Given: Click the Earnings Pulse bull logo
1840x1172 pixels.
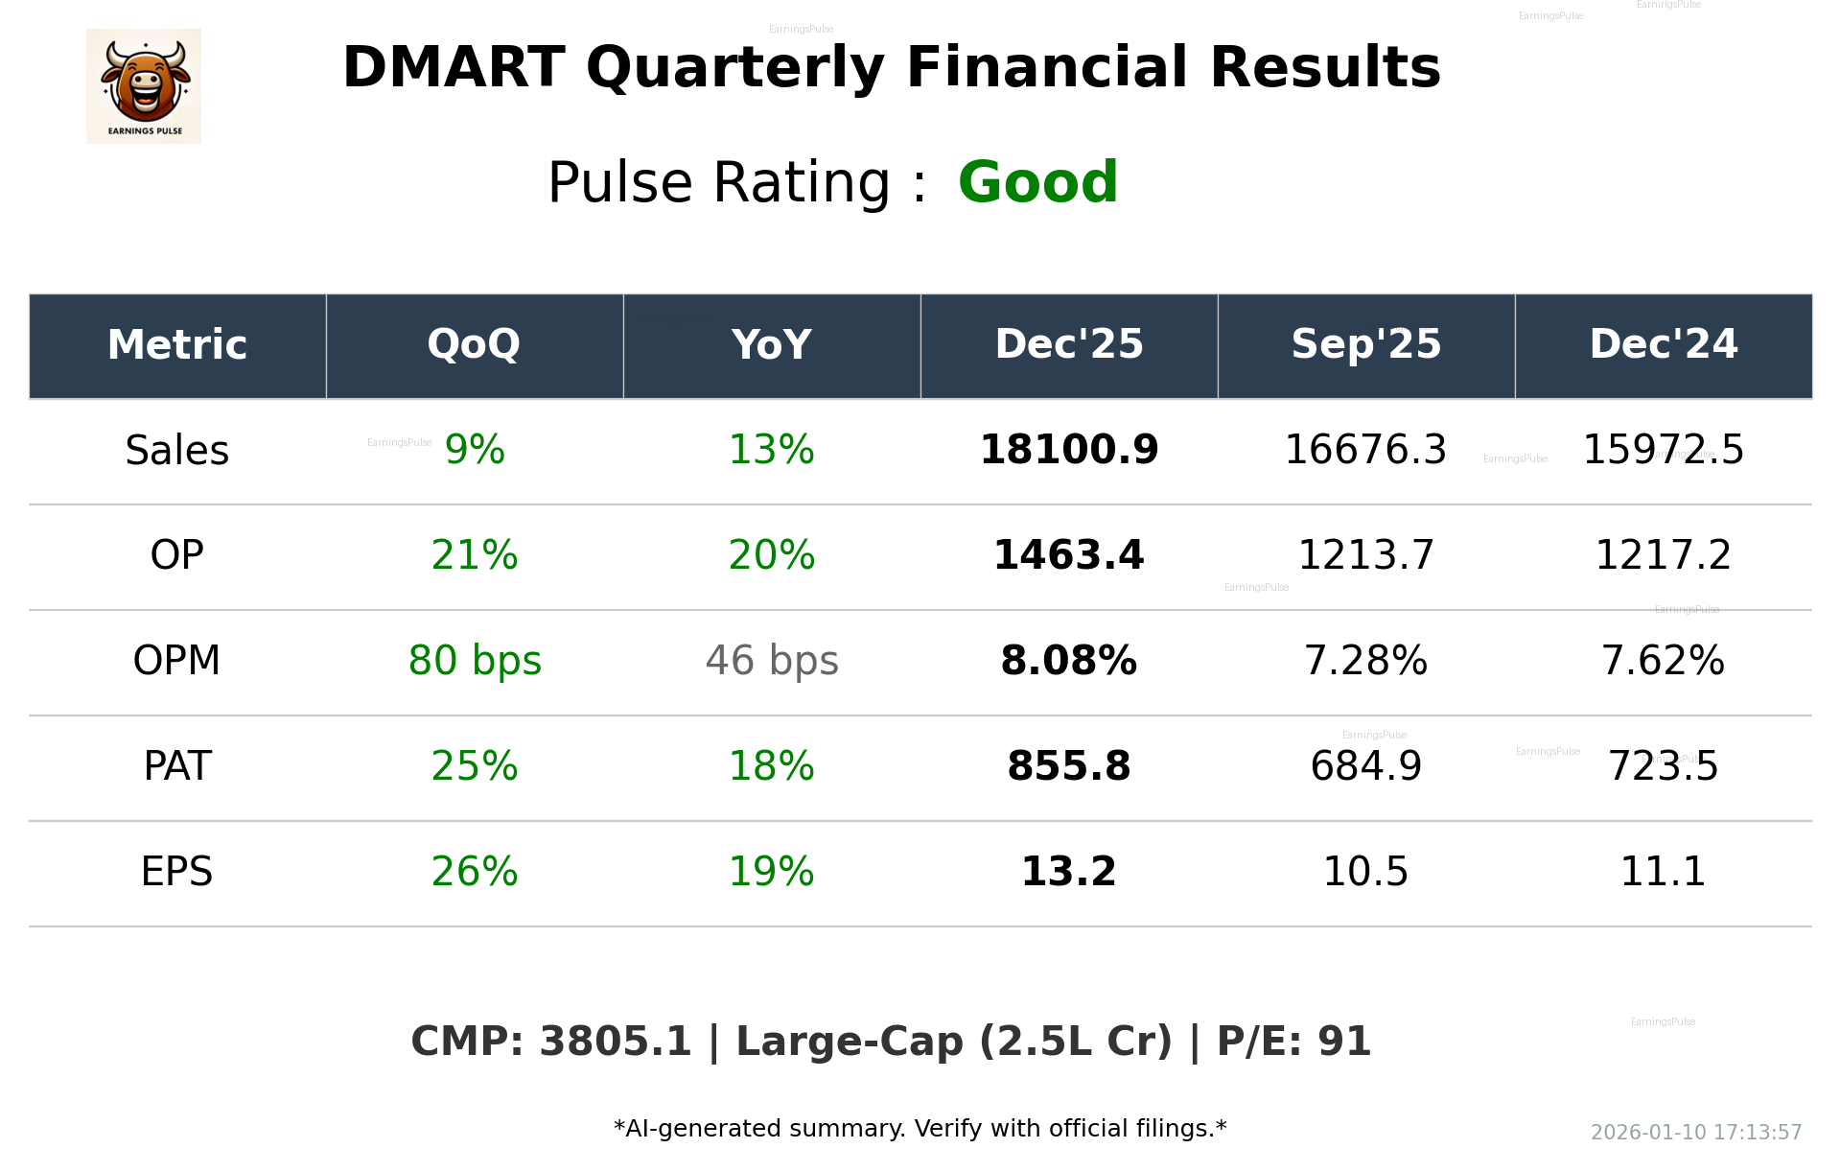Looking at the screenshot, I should click(x=144, y=86).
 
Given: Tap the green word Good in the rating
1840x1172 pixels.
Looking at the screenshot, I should click(x=1037, y=182).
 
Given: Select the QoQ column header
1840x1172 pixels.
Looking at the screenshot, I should click(x=474, y=344).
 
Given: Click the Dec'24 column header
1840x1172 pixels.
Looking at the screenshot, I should click(x=1663, y=344).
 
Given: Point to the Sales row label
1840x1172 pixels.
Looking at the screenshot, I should click(x=177, y=451).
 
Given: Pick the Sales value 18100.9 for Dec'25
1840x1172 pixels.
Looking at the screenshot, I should click(x=1069, y=450).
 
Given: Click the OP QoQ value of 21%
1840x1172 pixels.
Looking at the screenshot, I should click(x=475, y=555).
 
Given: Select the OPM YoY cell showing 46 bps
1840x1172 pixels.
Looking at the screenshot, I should click(x=772, y=661).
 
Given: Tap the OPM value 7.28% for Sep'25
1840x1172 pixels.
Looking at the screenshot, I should click(x=1365, y=661).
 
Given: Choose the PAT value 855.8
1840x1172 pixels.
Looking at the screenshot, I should click(x=1069, y=766).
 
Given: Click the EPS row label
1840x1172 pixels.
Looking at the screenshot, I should click(x=177, y=872).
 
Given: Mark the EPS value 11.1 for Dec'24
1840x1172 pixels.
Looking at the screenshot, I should click(x=1663, y=872).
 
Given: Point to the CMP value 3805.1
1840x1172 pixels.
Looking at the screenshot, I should click(x=615, y=1042).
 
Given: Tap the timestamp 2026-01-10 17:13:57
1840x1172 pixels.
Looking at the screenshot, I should click(x=1695, y=1133).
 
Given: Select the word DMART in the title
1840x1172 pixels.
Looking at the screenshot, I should click(x=454, y=68).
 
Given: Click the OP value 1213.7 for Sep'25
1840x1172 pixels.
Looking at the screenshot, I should click(x=1365, y=555).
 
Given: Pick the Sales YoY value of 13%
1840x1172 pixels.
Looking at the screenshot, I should click(x=772, y=450).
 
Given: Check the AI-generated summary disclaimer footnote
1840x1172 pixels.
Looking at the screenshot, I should click(x=920, y=1129).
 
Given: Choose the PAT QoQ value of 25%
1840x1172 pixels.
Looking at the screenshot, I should click(x=475, y=766).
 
